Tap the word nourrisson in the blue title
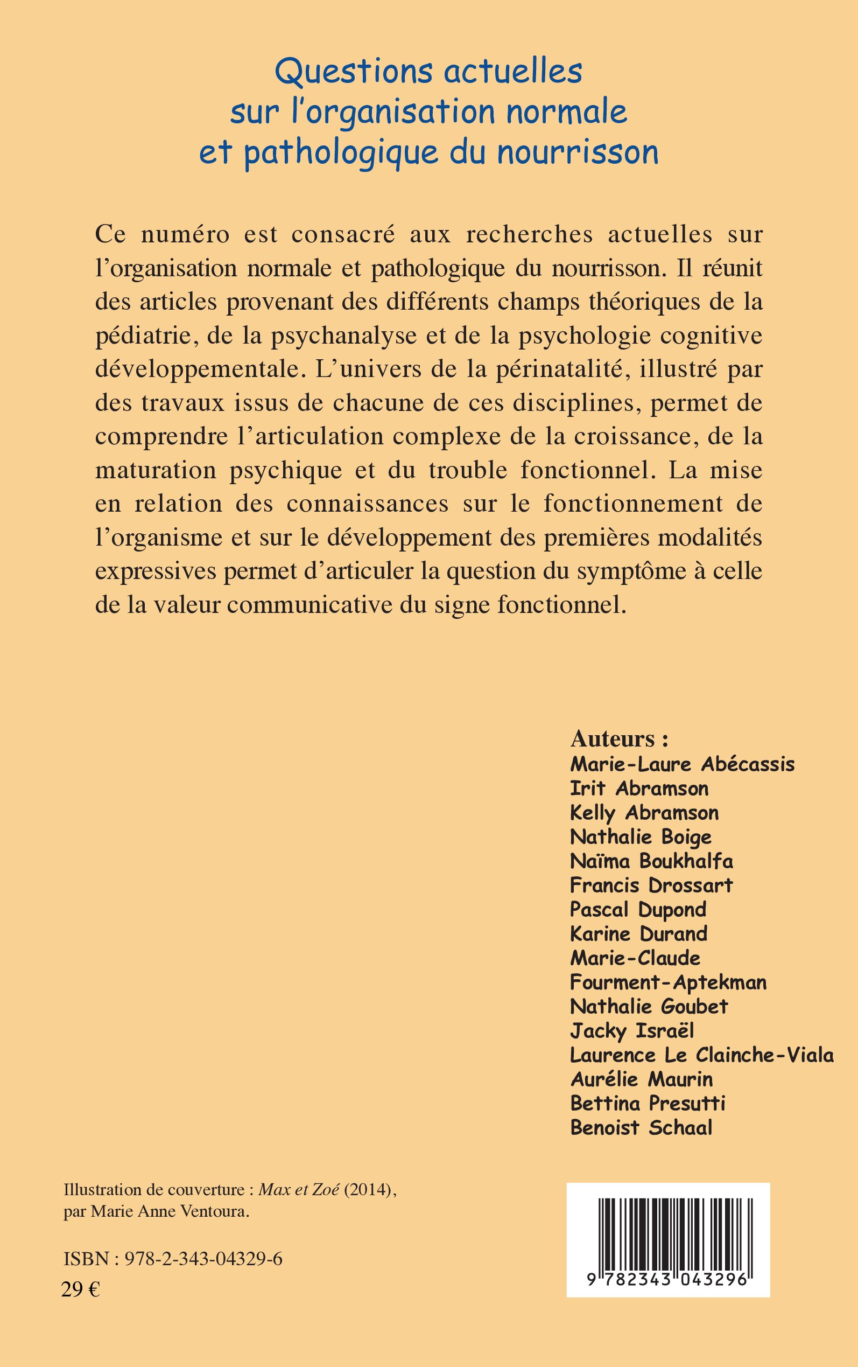(x=578, y=152)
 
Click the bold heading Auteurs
(x=619, y=738)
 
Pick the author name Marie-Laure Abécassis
(x=682, y=764)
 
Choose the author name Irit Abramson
(x=639, y=789)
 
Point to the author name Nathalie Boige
(x=641, y=837)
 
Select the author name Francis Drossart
(x=651, y=885)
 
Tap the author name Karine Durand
(x=638, y=934)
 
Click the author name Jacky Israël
(x=631, y=1030)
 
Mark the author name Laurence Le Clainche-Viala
(x=701, y=1055)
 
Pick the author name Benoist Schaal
(x=641, y=1127)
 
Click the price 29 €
(x=81, y=1286)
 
